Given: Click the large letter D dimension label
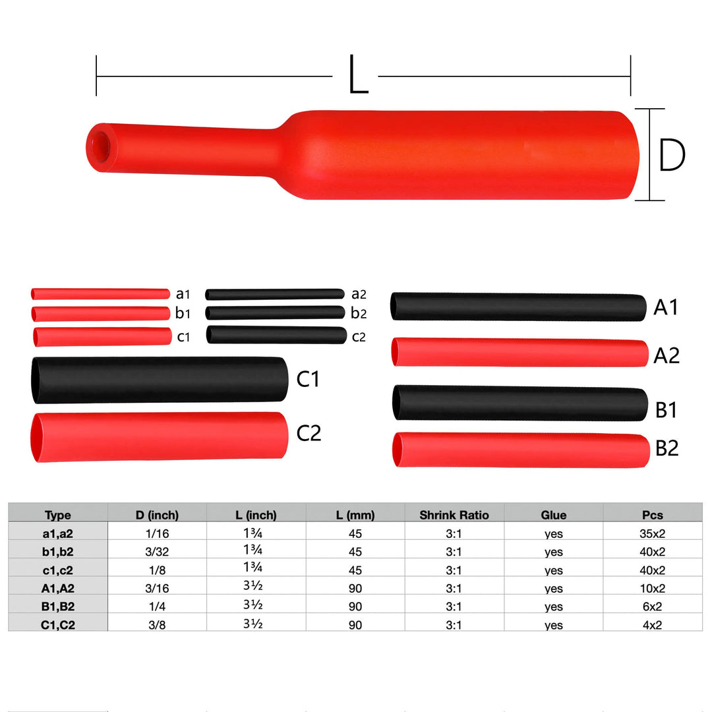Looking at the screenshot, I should [x=672, y=156].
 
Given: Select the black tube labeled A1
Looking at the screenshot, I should [x=518, y=307].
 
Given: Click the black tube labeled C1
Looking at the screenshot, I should [x=159, y=380].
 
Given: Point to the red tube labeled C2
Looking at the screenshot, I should [x=159, y=436].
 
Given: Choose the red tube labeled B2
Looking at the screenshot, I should [x=520, y=450].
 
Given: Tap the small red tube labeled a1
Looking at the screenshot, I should [x=100, y=293].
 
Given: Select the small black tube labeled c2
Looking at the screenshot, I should [x=276, y=335].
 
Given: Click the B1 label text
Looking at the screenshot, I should [x=667, y=410].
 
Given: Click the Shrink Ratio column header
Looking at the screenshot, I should [x=454, y=515].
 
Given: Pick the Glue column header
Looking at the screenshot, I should [x=553, y=515].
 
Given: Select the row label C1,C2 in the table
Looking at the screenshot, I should [x=58, y=624].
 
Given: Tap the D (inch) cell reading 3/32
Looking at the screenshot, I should [x=157, y=552].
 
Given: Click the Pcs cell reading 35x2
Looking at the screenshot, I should [x=652, y=534].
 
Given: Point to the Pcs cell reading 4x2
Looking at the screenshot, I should [x=652, y=624].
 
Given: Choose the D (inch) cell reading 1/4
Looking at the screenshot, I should [x=157, y=606].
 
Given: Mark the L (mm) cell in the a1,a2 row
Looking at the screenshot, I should [x=355, y=534].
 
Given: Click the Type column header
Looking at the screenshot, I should [x=58, y=515].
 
